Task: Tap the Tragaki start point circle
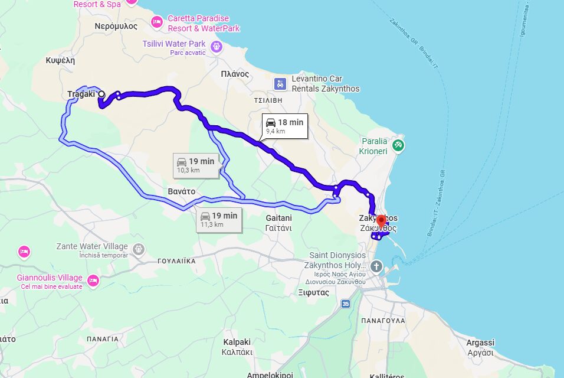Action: [x=101, y=94]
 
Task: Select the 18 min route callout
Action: [x=285, y=126]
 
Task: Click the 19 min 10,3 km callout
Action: [x=196, y=165]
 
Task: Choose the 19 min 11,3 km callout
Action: [x=219, y=219]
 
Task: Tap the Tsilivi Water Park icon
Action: [x=217, y=46]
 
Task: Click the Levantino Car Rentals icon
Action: [x=280, y=84]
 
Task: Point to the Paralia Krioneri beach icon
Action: [x=398, y=145]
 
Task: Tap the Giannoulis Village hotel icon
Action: [x=93, y=279]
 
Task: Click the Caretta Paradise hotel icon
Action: [x=156, y=22]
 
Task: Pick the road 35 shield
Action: [x=345, y=304]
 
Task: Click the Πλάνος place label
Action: [x=235, y=74]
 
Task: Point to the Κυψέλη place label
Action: [x=60, y=60]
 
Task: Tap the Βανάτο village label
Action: [x=181, y=191]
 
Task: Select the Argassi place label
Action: [x=480, y=343]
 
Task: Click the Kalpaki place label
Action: [x=237, y=342]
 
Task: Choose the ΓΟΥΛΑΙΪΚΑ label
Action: [x=176, y=260]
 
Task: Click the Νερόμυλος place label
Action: [x=116, y=26]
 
